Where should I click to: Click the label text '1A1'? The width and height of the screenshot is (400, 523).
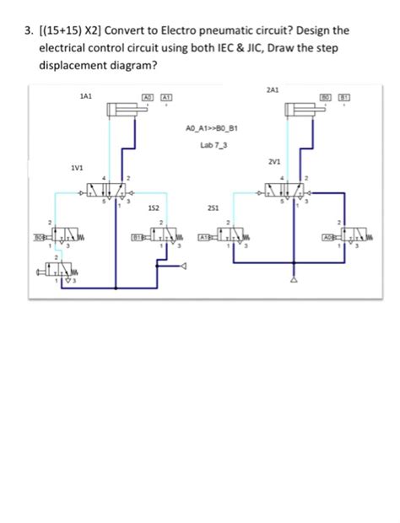(84, 98)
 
